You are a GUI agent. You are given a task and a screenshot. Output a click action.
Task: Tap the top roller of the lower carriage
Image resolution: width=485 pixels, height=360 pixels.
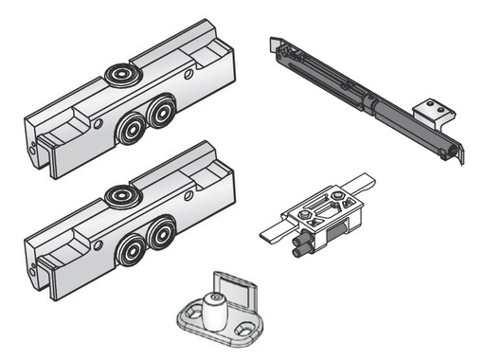click(121, 196)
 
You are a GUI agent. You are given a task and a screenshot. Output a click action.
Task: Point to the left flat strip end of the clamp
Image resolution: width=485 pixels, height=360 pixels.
click(270, 233)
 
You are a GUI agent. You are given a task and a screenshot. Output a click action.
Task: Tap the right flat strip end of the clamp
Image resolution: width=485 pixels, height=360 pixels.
click(366, 182)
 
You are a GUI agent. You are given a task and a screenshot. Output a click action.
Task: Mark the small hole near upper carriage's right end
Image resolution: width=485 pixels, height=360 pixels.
click(189, 72)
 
